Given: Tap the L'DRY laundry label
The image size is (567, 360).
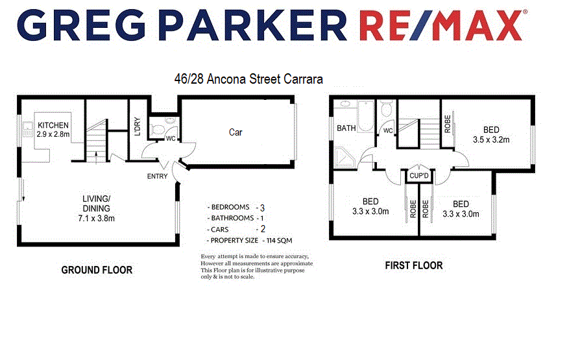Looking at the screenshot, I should (x=137, y=130).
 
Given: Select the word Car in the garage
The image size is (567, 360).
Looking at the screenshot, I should (x=235, y=132).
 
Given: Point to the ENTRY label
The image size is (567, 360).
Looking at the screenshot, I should (x=157, y=176).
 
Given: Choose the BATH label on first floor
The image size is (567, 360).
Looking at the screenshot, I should (x=346, y=128).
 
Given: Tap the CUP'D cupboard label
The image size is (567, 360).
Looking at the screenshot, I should (x=418, y=175).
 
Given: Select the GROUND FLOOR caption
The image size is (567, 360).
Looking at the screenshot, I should (x=97, y=269).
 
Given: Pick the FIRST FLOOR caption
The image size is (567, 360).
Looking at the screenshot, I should (x=413, y=265).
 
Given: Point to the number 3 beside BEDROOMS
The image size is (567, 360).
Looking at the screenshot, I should (x=262, y=208).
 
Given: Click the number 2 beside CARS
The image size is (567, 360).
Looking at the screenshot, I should (x=262, y=229).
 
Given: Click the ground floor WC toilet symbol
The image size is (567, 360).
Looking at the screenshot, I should (x=158, y=126).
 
